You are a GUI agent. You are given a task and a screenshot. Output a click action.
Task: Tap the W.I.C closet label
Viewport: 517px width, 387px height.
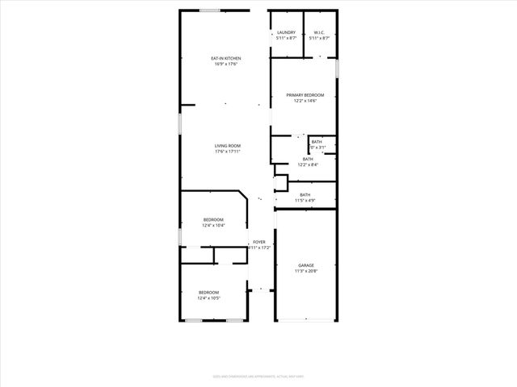tap(319, 33)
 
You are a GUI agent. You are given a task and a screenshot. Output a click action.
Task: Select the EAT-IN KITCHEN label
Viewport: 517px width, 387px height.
tap(226, 58)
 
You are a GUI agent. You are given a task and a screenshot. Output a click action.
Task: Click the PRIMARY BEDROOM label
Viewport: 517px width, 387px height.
tap(305, 95)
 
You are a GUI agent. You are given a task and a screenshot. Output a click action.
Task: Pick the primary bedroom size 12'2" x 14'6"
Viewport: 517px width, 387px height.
tap(305, 101)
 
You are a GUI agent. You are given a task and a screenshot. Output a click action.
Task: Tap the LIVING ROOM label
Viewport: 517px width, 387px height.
tap(228, 146)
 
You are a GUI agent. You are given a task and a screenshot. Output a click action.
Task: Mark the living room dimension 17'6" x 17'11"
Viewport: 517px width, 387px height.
tap(228, 152)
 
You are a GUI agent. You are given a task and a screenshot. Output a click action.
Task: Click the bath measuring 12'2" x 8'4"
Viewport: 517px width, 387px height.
tap(308, 159)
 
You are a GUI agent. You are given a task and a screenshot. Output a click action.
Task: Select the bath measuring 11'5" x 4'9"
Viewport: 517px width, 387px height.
tap(305, 194)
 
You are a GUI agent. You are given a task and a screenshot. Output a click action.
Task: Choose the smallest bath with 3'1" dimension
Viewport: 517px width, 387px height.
tap(317, 142)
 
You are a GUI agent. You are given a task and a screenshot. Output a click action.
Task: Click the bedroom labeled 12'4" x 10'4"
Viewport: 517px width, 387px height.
tap(213, 219)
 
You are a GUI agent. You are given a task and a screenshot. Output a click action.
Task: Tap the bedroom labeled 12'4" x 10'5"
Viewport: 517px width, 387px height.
tap(209, 293)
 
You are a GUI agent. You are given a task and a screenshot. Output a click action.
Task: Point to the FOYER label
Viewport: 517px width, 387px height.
tap(259, 242)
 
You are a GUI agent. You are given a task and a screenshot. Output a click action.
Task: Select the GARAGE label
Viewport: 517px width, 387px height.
tap(306, 265)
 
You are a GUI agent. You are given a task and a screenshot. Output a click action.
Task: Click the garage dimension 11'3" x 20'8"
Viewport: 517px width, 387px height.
tap(306, 271)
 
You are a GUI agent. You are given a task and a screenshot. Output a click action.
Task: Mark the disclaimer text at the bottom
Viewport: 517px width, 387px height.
tap(258, 376)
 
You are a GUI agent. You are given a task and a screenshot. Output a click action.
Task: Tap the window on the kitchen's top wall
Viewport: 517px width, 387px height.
tap(211, 10)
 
